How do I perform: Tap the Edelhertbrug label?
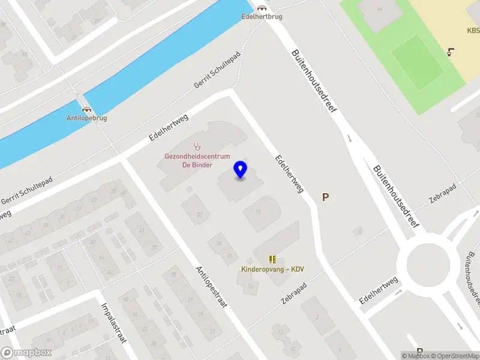(262, 17)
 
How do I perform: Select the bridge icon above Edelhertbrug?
(262, 7)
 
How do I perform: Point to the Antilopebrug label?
(86, 118)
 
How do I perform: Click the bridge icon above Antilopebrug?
(87, 109)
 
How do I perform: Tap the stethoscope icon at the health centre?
(197, 146)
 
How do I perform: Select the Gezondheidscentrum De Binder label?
(197, 161)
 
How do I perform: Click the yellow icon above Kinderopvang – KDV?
(272, 259)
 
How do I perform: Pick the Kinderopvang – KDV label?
(272, 269)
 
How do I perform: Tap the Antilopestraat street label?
(211, 287)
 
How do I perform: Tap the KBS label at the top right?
(473, 31)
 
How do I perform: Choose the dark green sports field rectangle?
(417, 62)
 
